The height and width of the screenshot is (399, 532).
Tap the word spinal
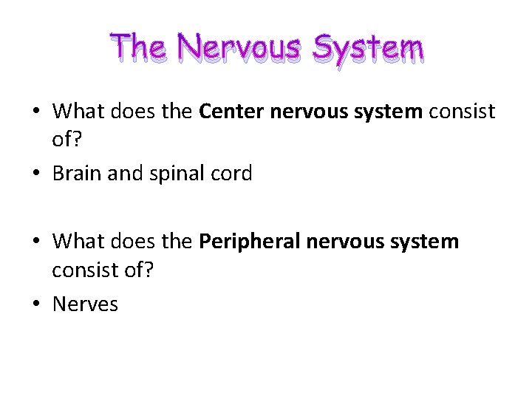pyautogui.click(x=178, y=174)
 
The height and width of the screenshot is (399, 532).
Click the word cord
pyautogui.click(x=233, y=174)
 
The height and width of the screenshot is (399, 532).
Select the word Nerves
pyautogui.click(x=85, y=304)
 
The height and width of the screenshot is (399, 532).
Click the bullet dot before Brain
pyautogui.click(x=36, y=174)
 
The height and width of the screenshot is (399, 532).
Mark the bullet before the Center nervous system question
pyautogui.click(x=36, y=112)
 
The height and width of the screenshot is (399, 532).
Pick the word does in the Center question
pyautogui.click(x=128, y=112)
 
